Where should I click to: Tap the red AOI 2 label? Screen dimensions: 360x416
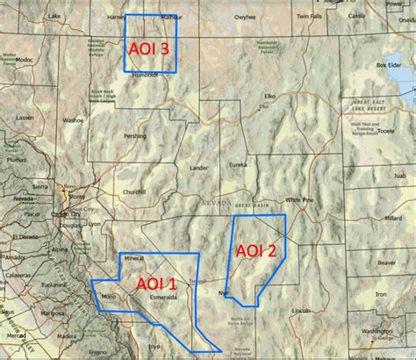[x=256, y=250]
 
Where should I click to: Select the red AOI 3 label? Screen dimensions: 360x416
[x=149, y=49]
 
